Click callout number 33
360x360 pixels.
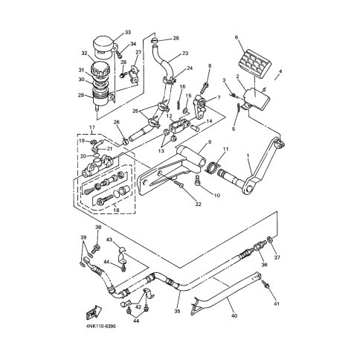(128, 33)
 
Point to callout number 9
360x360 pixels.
(210, 142)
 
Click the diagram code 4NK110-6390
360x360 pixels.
(101, 326)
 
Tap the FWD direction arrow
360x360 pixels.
(94, 312)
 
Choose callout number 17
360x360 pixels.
(92, 127)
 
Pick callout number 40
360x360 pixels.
(234, 315)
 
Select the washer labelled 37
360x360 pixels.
(270, 240)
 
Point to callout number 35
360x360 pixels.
(177, 311)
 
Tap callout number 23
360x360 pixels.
(185, 54)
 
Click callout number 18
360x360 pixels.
(116, 210)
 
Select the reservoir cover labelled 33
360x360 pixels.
(105, 47)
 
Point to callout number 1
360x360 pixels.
(248, 155)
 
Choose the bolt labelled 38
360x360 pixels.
(96, 247)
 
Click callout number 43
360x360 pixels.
(109, 240)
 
